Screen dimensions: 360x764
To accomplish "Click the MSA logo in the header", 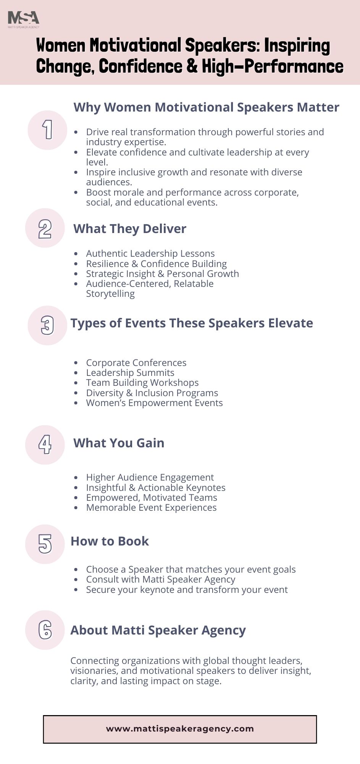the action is point(23,19).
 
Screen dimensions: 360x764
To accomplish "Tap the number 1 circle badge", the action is point(47,130).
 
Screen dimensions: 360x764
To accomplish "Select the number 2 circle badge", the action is point(45,228).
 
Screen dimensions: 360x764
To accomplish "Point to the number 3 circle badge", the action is point(47,325).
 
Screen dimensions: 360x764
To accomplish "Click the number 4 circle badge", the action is point(45,445).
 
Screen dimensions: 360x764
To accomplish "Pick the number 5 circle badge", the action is point(45,544).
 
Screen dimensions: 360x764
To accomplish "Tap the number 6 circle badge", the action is point(45,630).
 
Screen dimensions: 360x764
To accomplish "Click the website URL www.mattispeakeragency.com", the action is point(180,729).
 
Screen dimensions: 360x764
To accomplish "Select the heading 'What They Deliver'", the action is point(130,229).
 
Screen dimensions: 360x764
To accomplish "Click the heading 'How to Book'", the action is point(110,541).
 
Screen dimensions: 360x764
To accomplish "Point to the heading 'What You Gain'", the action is point(119,443).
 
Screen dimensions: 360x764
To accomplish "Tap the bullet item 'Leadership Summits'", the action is point(130,373).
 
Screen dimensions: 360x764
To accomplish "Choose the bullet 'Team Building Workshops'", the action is point(142,383).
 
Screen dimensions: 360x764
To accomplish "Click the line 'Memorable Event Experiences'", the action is point(151,508).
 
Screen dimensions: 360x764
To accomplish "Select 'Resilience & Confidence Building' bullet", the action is point(156,264).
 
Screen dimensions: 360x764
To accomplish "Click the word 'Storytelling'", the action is point(110,294).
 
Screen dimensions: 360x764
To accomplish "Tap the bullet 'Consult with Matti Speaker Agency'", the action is point(160,579).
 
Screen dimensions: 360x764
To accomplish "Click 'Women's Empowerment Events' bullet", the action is point(154,403).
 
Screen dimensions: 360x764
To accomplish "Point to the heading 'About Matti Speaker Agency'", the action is point(158,630).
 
